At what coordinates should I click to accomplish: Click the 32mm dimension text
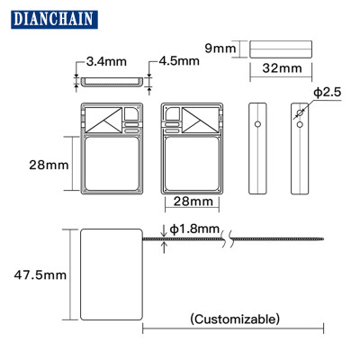point(283,67)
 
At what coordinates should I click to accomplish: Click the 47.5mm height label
point(36,274)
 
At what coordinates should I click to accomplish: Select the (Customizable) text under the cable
point(235,319)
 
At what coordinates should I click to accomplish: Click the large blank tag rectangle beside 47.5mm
point(112,273)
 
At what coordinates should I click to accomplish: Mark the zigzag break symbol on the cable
point(233,239)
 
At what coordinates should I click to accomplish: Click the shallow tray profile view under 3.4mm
point(113,82)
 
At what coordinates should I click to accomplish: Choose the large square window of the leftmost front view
point(112,165)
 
